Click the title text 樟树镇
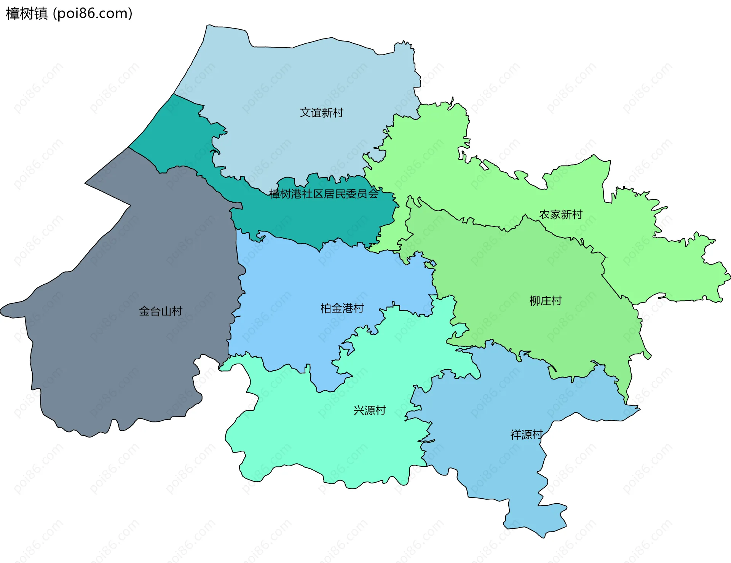point(27,13)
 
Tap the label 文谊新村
point(321,113)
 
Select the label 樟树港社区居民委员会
point(324,194)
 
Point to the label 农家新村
point(560,215)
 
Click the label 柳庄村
point(545,301)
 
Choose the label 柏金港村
point(342,308)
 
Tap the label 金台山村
point(160,311)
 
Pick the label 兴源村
point(369,410)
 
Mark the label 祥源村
point(526,435)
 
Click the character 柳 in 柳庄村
point(535,301)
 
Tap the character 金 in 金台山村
point(144,311)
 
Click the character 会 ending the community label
point(373,194)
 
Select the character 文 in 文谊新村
point(305,113)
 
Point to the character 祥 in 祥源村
point(516,435)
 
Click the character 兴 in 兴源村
point(359,410)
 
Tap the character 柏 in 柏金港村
point(326,308)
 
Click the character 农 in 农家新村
point(544,215)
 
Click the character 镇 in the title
point(41,13)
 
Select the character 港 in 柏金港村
point(348,308)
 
